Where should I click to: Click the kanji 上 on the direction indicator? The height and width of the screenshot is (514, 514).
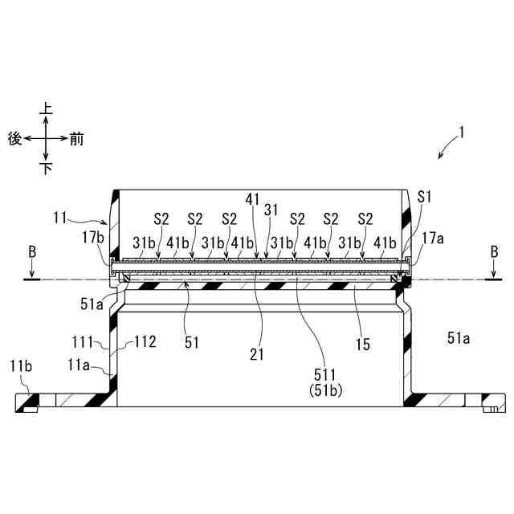point(47,108)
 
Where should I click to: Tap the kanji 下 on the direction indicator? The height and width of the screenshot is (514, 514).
point(47,169)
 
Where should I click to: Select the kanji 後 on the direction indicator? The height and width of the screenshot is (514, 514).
point(14,138)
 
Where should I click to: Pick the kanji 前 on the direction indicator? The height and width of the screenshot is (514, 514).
point(76,138)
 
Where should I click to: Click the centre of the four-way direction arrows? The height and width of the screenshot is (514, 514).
point(47,138)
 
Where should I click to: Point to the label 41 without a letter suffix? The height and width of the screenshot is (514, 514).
point(252,196)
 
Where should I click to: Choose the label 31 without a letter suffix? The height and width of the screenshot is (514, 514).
point(271,209)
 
